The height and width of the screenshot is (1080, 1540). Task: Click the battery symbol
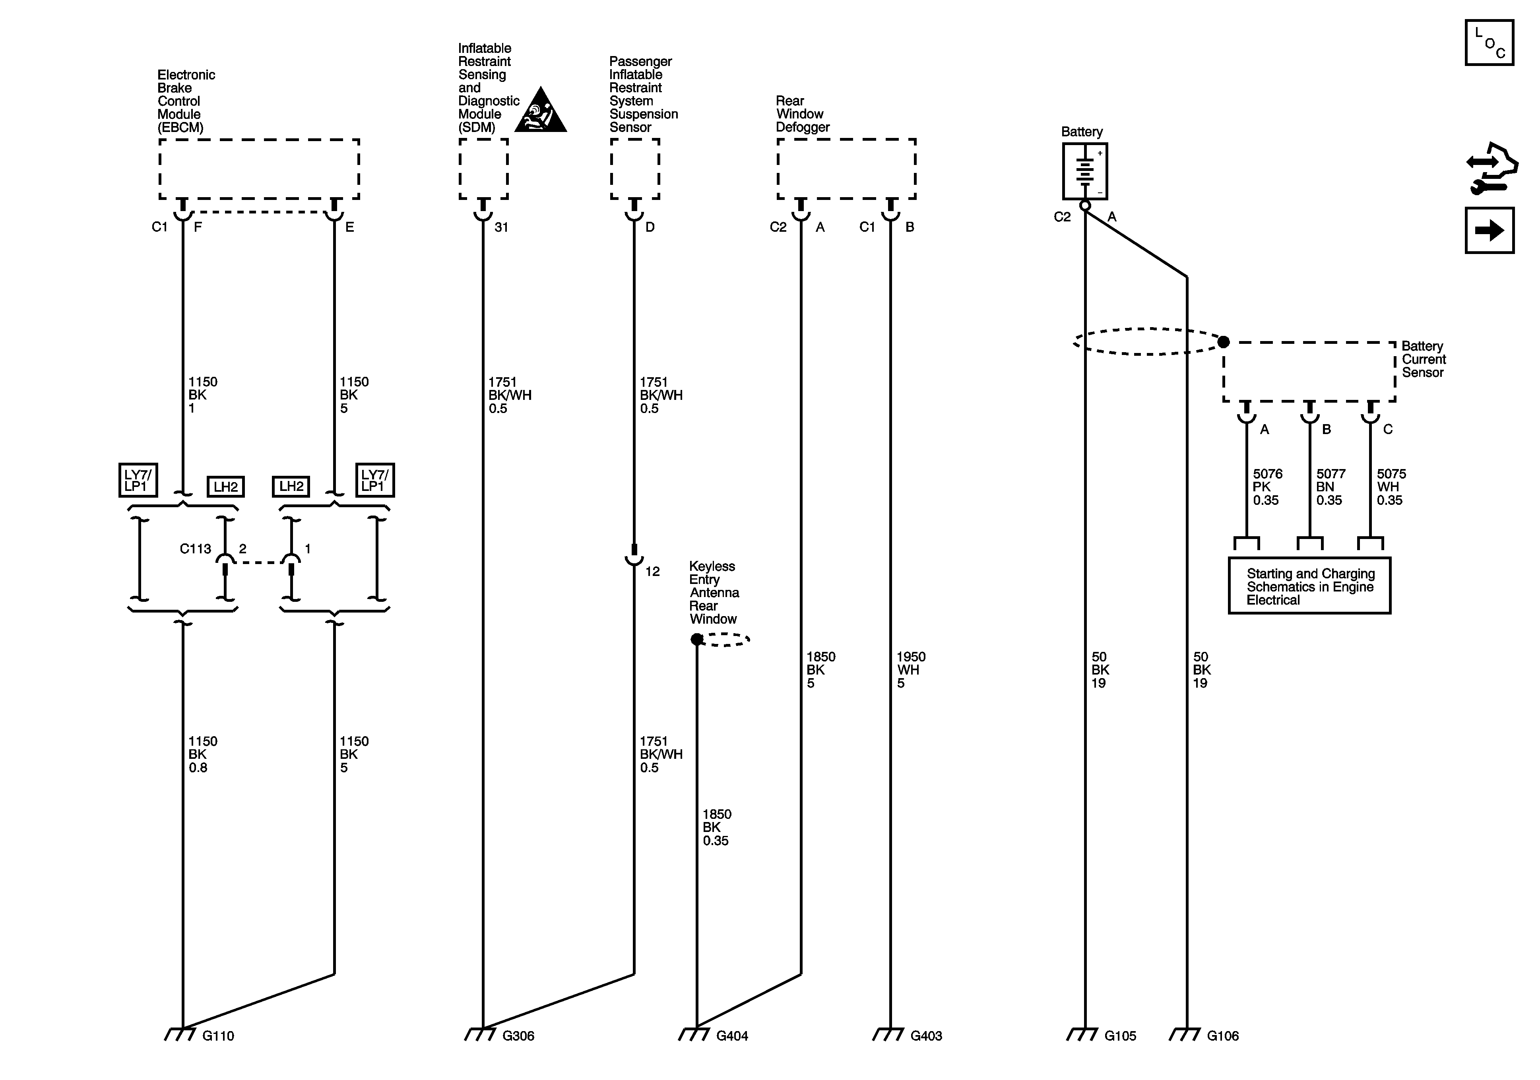tap(1084, 171)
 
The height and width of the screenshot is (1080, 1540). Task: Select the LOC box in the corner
tap(1489, 43)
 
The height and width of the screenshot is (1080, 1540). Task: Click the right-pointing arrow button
tap(1489, 231)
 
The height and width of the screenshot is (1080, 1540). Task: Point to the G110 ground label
tap(218, 1036)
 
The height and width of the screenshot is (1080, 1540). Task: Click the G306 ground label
tap(518, 1036)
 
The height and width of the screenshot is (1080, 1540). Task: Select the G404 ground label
tap(732, 1036)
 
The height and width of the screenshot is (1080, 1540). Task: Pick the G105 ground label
tap(1120, 1036)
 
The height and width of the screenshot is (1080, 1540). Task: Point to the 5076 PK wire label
tap(1267, 487)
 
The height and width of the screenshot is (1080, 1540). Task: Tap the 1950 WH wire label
tap(910, 669)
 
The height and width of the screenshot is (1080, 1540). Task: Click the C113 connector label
tap(195, 549)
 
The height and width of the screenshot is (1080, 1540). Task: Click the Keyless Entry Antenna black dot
tap(697, 639)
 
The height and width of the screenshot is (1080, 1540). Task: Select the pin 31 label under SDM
tap(501, 227)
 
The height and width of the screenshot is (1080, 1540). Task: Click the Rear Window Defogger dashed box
tap(846, 169)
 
